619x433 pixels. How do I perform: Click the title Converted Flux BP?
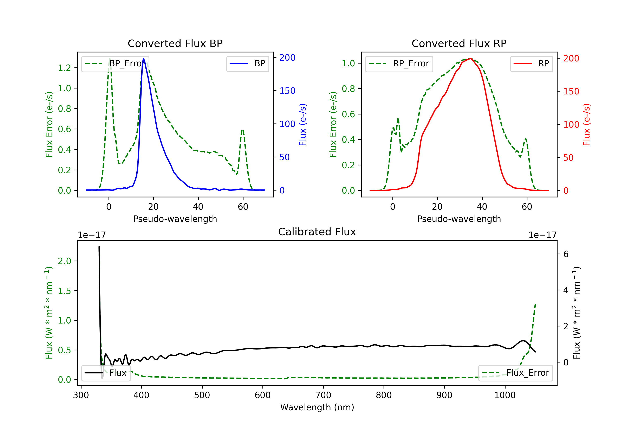pyautogui.click(x=175, y=43)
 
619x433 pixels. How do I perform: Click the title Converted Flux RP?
pyautogui.click(x=459, y=43)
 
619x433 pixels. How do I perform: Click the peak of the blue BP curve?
pyautogui.click(x=143, y=59)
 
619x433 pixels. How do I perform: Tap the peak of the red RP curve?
pyautogui.click(x=470, y=59)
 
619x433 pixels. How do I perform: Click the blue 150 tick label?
pyautogui.click(x=287, y=91)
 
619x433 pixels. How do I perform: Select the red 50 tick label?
pyautogui.click(x=568, y=158)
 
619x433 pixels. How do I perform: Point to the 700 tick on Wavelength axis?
pyautogui.click(x=323, y=395)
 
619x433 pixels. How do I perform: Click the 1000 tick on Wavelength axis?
pyautogui.click(x=505, y=395)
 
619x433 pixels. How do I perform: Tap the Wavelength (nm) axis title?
pyautogui.click(x=317, y=407)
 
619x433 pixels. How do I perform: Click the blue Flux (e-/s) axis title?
pyautogui.click(x=303, y=125)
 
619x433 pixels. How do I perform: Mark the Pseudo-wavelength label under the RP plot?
pyautogui.click(x=459, y=219)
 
